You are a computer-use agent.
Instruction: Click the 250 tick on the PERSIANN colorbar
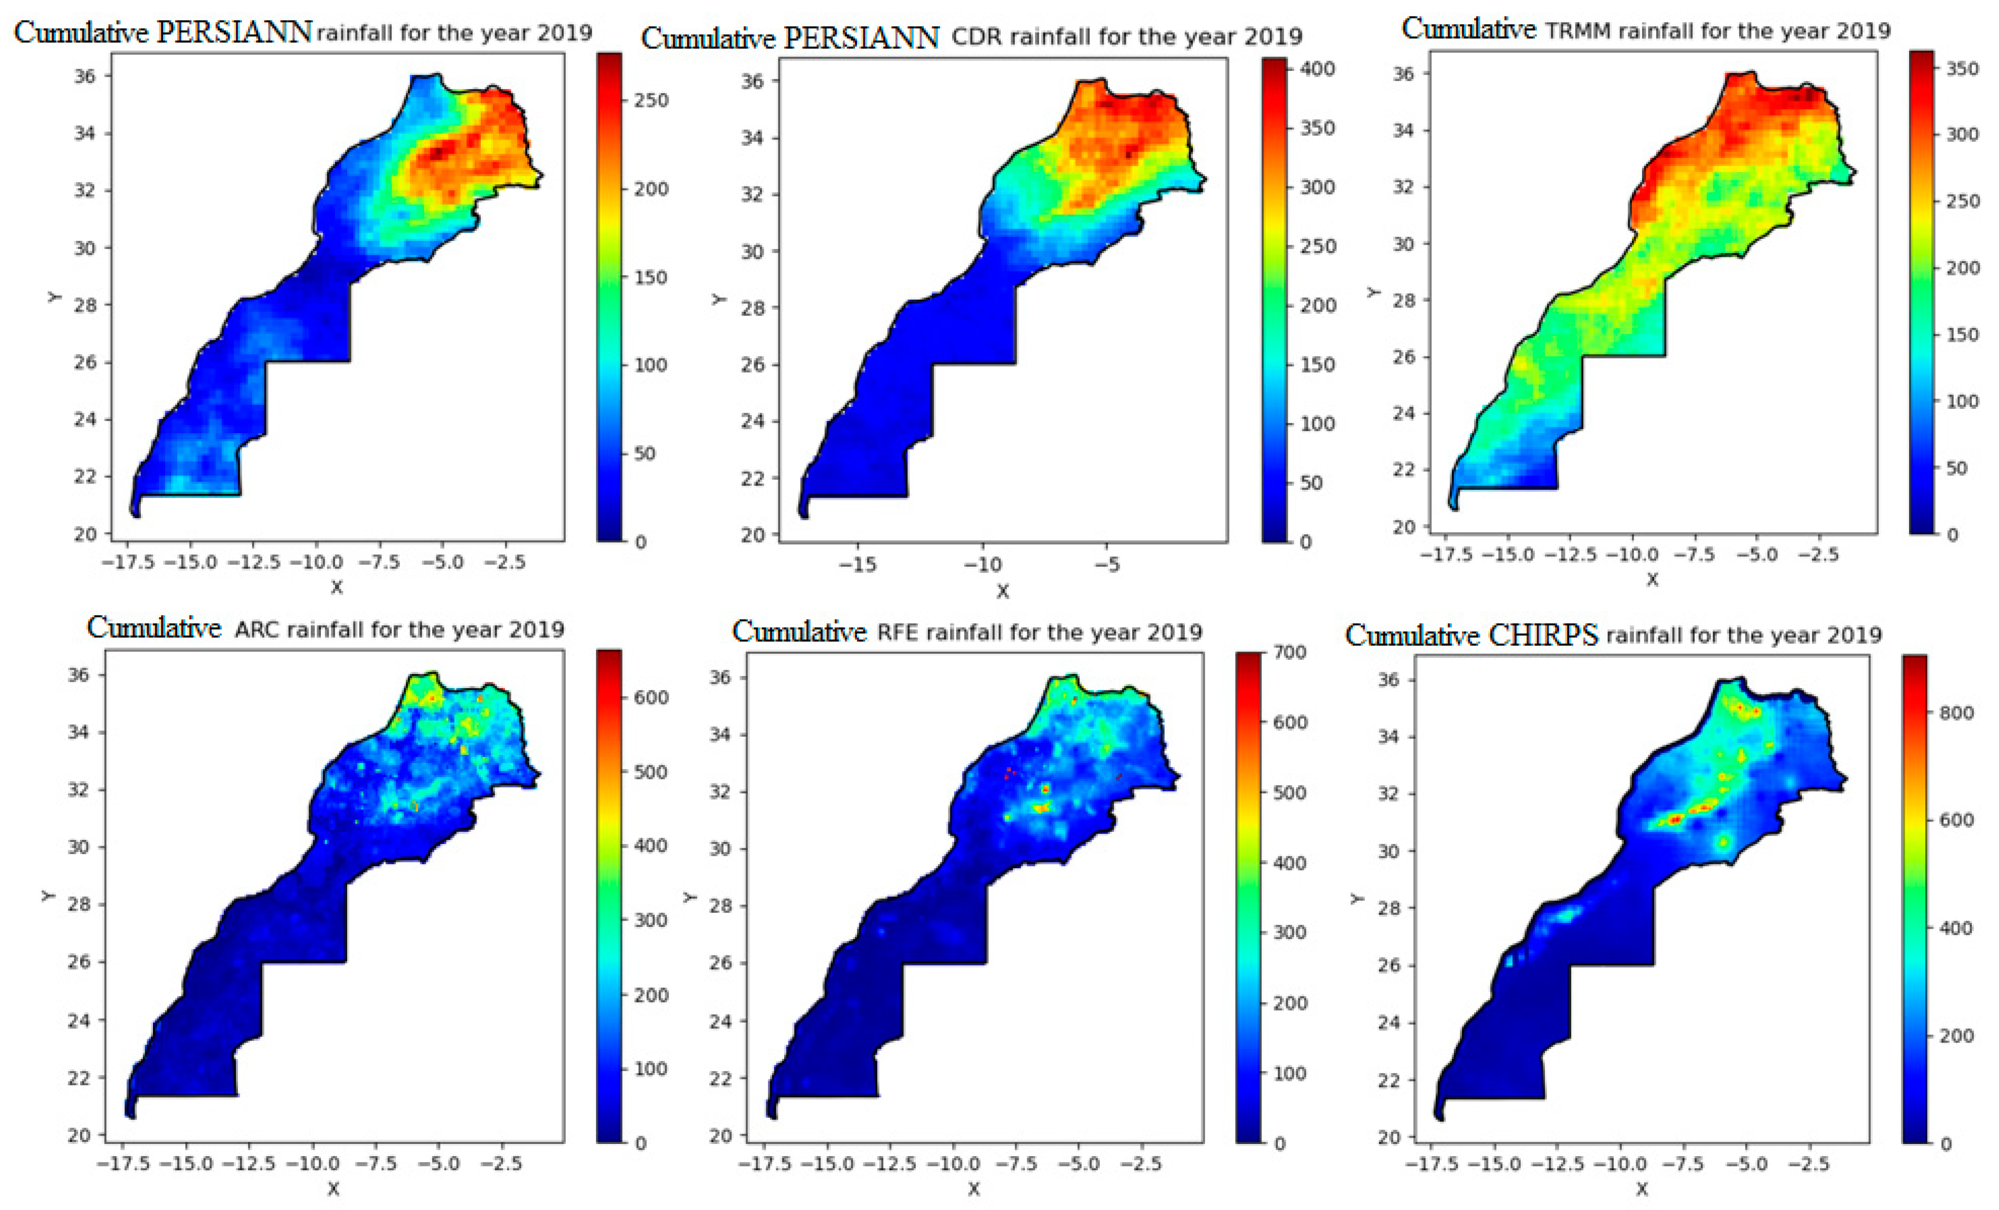[x=651, y=101]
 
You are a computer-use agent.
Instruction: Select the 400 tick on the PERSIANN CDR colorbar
[x=1317, y=69]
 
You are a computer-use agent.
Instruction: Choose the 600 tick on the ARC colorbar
[x=651, y=698]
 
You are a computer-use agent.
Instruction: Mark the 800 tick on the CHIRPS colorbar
[x=1956, y=713]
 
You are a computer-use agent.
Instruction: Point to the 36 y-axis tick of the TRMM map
[x=1403, y=74]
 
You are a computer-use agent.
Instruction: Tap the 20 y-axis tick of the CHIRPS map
[x=1389, y=1138]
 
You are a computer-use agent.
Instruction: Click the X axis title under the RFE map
[x=974, y=1189]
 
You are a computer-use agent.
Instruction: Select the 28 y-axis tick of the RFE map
[x=720, y=906]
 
